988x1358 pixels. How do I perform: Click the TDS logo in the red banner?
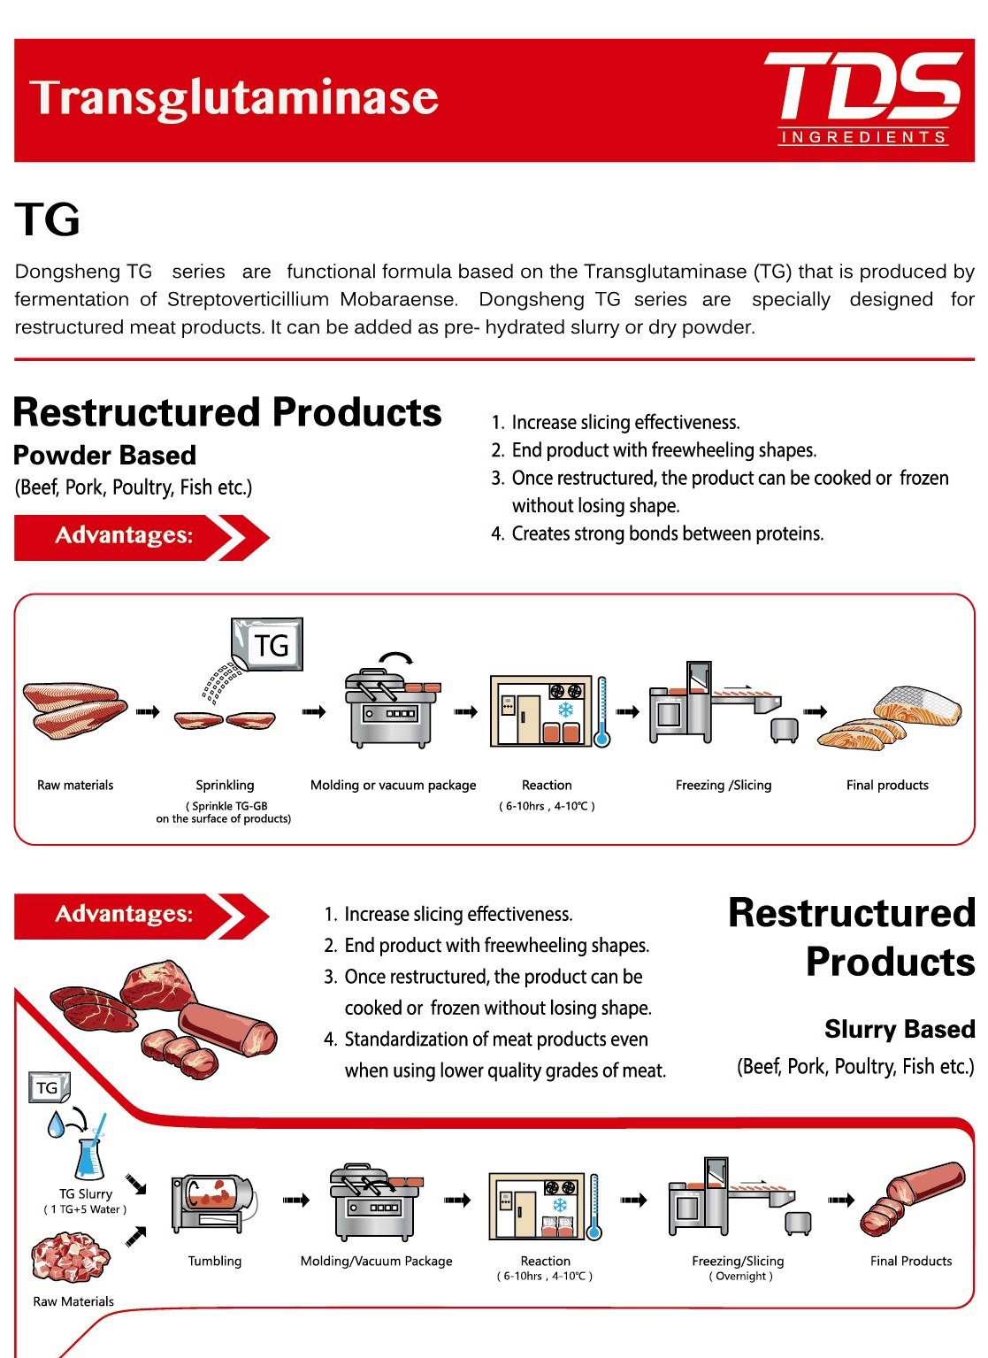pyautogui.click(x=862, y=99)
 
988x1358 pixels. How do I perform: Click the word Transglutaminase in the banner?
pyautogui.click(x=234, y=98)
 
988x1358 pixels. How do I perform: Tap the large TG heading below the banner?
pyautogui.click(x=47, y=219)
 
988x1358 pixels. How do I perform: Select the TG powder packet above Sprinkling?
pyautogui.click(x=267, y=644)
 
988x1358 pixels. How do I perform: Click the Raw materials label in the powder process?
pyautogui.click(x=75, y=785)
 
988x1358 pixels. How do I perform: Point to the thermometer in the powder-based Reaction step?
pyautogui.click(x=601, y=711)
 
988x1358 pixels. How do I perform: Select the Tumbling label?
pyautogui.click(x=215, y=1261)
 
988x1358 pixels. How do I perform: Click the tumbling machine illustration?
pyautogui.click(x=213, y=1203)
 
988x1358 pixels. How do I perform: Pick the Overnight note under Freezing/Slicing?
pyautogui.click(x=740, y=1276)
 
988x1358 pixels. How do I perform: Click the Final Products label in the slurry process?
pyautogui.click(x=911, y=1261)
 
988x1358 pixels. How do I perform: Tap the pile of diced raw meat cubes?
pyautogui.click(x=71, y=1257)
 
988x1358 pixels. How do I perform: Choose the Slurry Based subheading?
pyautogui.click(x=900, y=1030)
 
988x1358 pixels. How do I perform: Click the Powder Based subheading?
pyautogui.click(x=105, y=456)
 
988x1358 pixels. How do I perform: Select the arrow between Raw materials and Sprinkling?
pyautogui.click(x=148, y=711)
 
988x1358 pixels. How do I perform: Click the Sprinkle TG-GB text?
pyautogui.click(x=226, y=806)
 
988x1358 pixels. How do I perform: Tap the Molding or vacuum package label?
pyautogui.click(x=394, y=785)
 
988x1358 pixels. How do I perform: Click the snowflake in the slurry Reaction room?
pyautogui.click(x=560, y=1205)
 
